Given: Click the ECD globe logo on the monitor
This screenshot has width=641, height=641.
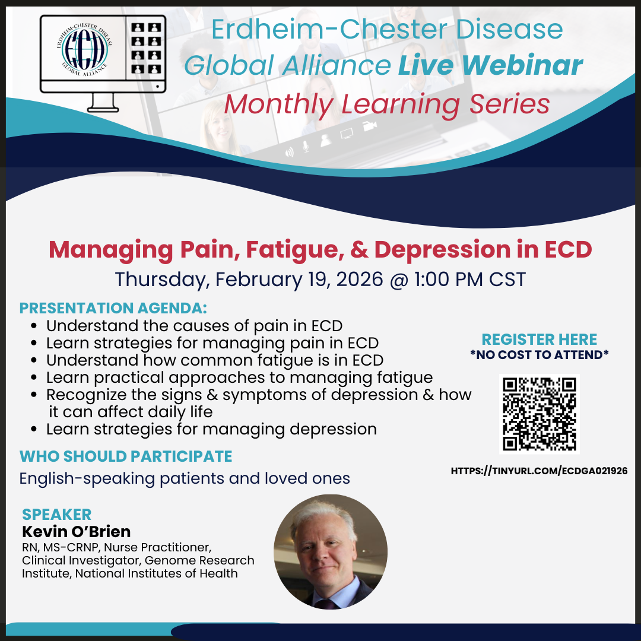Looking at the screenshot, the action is [84, 49].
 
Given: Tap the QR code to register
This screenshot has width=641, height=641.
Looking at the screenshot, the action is [539, 414].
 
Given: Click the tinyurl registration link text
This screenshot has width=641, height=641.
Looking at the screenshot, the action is [539, 471].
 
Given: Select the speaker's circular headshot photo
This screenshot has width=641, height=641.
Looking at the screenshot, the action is [331, 552].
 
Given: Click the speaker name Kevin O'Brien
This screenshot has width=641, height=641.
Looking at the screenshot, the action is [77, 531].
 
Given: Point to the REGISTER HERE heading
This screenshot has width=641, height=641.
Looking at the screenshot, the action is [539, 339].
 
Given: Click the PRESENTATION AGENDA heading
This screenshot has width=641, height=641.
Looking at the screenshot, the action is [113, 308].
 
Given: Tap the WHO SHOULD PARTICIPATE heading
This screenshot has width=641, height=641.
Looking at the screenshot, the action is [126, 456].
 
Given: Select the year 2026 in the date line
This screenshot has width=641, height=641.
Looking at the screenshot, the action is [360, 279].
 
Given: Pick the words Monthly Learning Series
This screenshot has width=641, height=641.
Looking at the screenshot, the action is [387, 104].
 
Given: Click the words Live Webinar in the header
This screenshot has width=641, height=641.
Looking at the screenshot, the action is [490, 65].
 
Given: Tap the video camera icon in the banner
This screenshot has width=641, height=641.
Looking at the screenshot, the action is [370, 126].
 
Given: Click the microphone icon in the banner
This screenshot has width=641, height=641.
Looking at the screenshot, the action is [306, 146].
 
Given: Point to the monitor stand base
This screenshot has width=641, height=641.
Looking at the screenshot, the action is [103, 109].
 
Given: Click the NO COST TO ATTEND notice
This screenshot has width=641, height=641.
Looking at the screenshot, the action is [539, 354].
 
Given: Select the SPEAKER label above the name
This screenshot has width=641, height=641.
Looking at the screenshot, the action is [57, 514].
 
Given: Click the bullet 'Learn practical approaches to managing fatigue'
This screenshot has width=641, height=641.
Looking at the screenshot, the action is [239, 378].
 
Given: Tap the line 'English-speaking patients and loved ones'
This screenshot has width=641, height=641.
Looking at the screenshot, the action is [185, 479].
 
